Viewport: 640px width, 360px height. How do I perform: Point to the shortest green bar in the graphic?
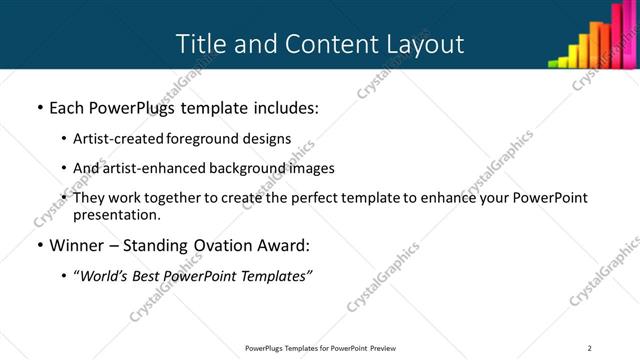pyautogui.click(x=553, y=63)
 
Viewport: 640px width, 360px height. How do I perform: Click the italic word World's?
pyautogui.click(x=101, y=276)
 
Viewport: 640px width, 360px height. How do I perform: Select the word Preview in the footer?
pyautogui.click(x=388, y=347)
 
